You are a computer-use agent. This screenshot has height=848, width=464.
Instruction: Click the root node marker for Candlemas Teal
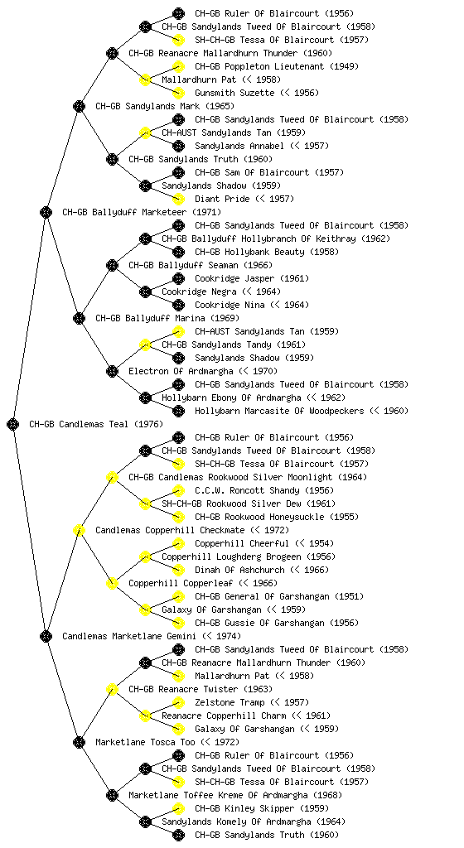(13, 424)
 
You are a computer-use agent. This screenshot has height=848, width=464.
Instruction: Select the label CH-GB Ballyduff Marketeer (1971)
(142, 212)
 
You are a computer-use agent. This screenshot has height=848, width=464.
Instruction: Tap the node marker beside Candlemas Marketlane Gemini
(46, 636)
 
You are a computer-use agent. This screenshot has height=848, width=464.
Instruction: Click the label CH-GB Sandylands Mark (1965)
(165, 106)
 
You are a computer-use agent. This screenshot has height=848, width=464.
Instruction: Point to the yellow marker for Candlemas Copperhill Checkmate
(79, 530)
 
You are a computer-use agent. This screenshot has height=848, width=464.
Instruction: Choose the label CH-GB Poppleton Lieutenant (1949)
(277, 66)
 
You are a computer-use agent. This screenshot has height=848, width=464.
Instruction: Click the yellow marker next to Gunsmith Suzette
(178, 93)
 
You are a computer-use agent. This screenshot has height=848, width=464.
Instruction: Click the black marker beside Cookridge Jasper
(178, 278)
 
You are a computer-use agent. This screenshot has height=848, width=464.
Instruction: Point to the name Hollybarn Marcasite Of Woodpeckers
(279, 411)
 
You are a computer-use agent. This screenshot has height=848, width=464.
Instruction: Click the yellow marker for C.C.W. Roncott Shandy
(178, 490)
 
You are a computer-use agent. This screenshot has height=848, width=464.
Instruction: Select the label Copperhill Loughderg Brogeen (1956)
(249, 556)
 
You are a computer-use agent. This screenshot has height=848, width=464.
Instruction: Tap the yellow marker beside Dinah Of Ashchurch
(178, 570)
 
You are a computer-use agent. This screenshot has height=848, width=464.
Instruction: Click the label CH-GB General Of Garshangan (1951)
(279, 596)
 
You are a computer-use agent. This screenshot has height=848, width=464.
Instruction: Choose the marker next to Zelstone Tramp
(178, 702)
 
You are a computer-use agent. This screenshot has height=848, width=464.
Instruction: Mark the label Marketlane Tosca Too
(145, 742)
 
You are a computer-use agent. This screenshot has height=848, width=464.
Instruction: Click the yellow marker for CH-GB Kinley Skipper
(178, 808)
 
